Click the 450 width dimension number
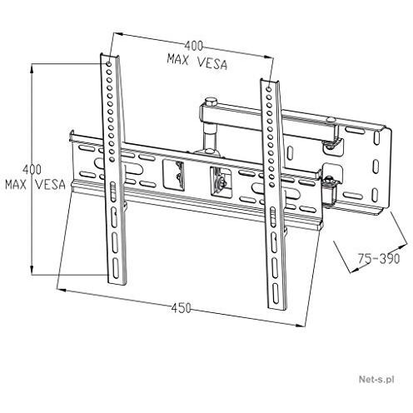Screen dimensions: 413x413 pos(181,308)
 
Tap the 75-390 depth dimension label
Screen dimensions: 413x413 pos(379,259)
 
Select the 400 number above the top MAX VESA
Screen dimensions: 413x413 pos(194,46)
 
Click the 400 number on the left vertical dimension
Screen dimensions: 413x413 pos(32,169)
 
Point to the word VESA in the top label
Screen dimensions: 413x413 pos(212,64)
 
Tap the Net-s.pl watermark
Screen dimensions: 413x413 pos(376,379)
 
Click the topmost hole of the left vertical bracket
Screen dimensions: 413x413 pos(109,64)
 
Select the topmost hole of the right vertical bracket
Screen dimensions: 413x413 pos(268,89)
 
